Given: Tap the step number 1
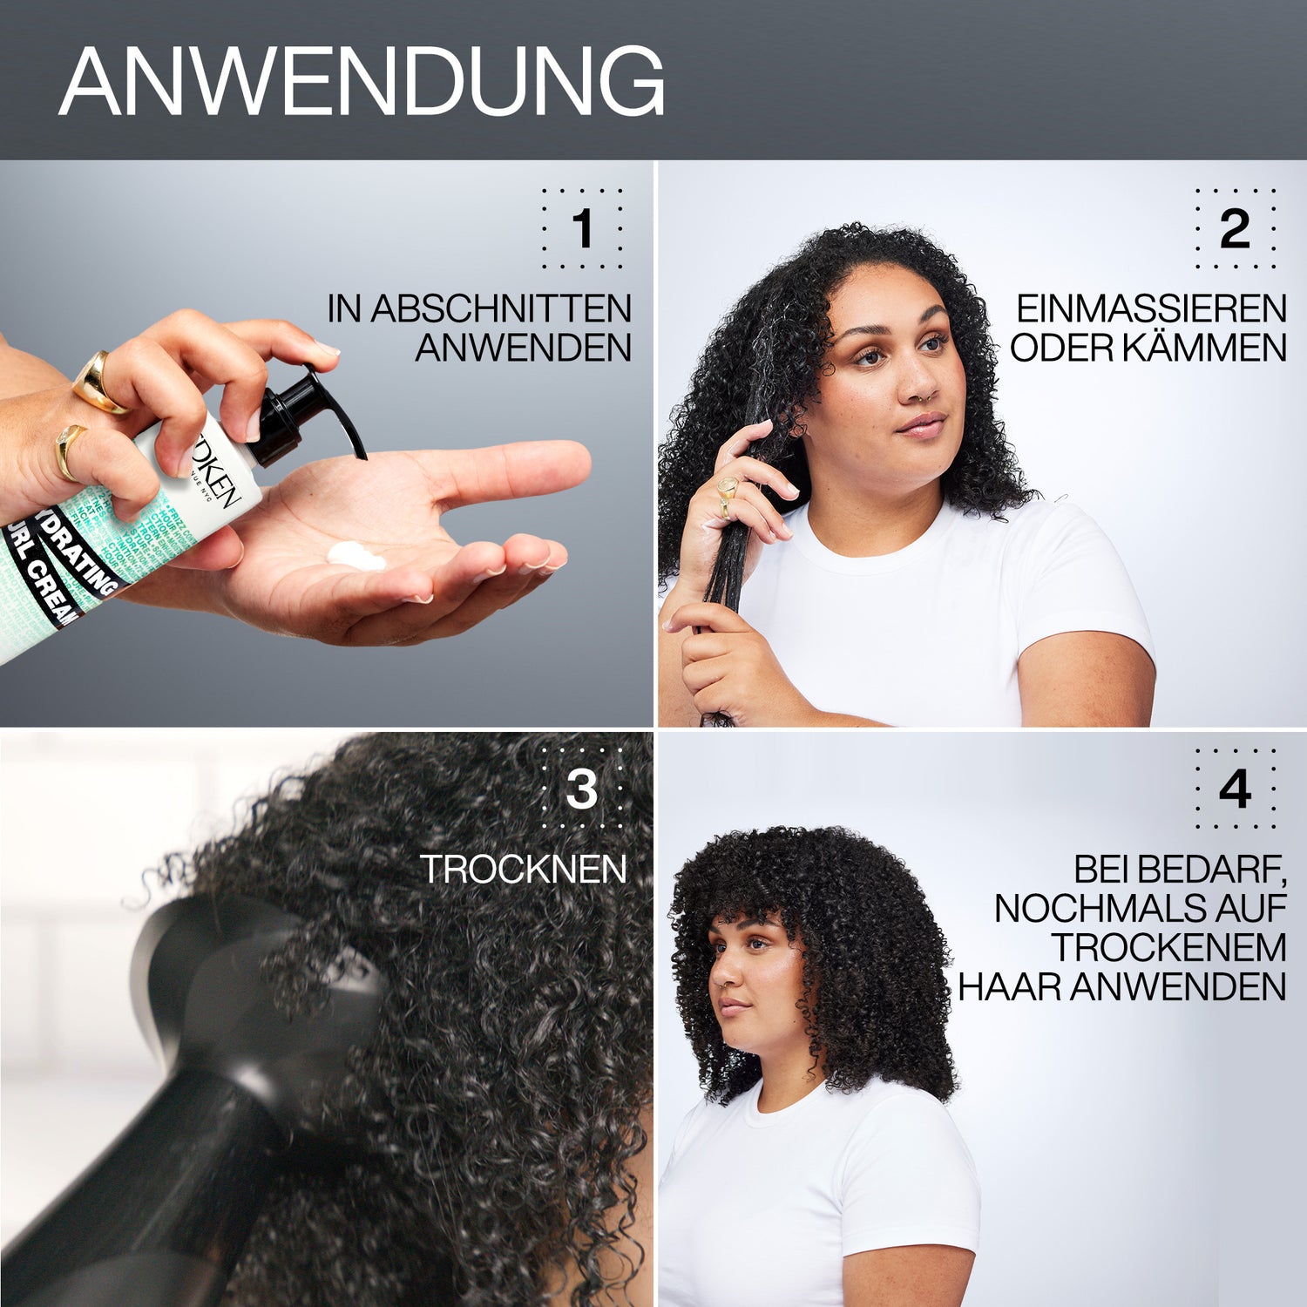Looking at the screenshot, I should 582,228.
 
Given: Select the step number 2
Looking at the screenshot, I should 1235,228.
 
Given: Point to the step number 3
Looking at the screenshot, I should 581,789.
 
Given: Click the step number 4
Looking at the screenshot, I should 1235,789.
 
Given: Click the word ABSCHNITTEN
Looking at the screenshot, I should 501,309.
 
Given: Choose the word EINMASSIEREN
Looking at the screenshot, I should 1151,309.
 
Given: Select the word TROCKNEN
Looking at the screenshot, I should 523,870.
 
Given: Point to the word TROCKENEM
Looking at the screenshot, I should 1168,948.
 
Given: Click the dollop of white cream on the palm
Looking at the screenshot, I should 356,555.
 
